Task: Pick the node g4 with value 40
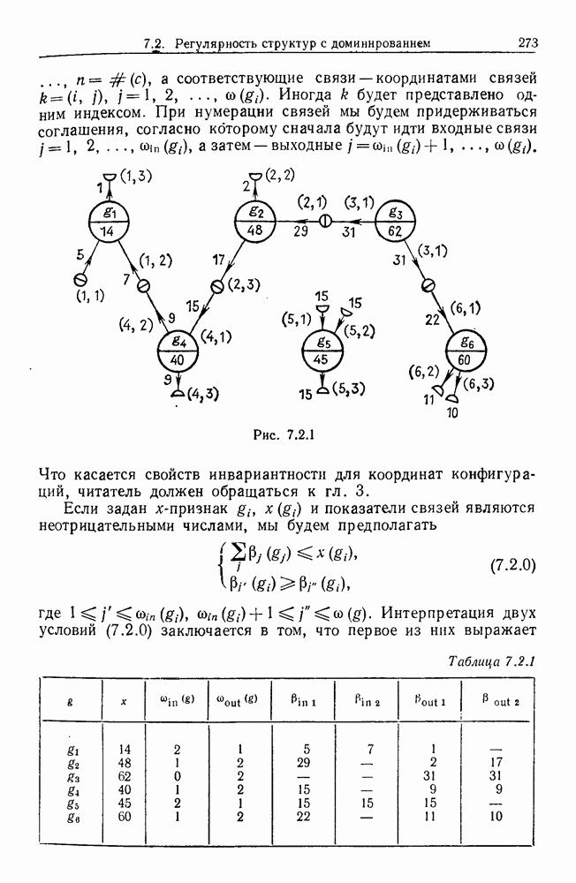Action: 178,351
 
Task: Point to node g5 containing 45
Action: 322,350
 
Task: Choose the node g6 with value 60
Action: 465,351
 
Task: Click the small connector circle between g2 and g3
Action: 325,221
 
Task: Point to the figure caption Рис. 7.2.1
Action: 284,434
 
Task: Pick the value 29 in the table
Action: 304,763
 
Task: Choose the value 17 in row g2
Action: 495,763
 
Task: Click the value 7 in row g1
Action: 371,749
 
